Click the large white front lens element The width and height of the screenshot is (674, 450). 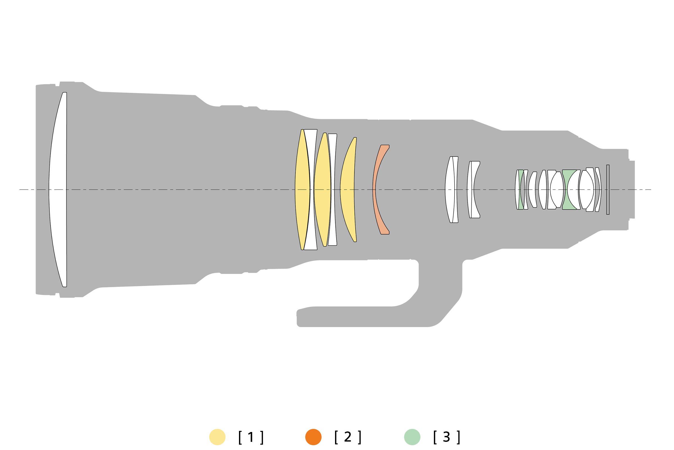[58, 190]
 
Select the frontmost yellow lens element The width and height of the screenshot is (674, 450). [302, 190]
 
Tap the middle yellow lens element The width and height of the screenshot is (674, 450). [322, 190]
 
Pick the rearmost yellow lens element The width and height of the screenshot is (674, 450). [347, 190]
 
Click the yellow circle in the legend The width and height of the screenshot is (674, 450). [217, 437]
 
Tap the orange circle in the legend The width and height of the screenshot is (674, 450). [313, 437]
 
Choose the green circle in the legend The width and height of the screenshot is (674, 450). [412, 437]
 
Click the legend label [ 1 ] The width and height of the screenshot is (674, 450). [251, 437]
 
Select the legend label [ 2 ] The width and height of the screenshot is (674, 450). [348, 437]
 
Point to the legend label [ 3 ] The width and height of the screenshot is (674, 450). [447, 437]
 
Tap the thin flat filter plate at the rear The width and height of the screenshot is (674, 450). [608, 190]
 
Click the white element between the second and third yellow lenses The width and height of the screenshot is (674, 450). [333, 190]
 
